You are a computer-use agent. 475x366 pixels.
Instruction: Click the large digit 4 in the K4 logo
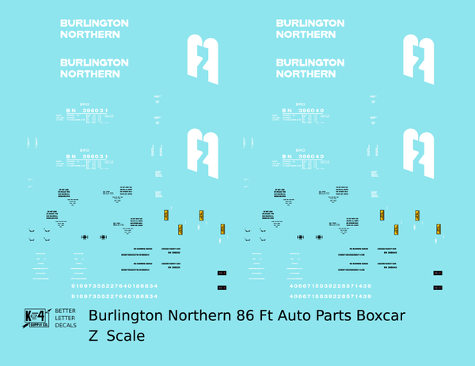coord(39,313)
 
